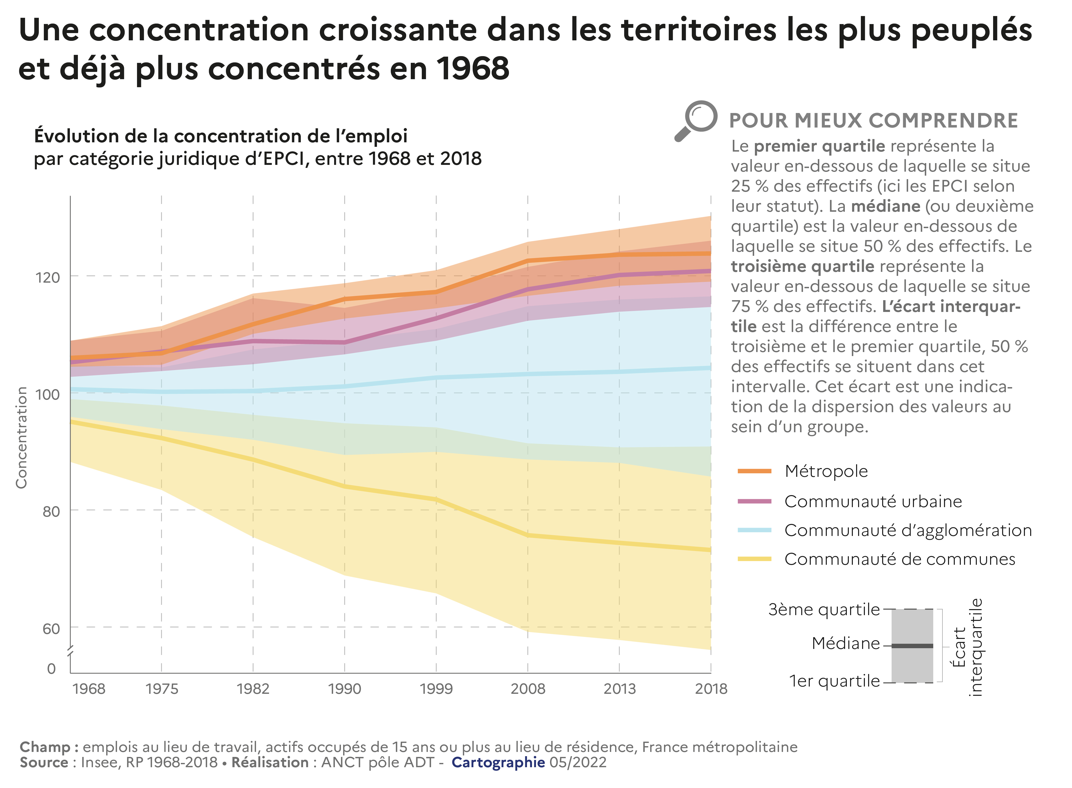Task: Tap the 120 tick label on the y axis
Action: tap(48, 277)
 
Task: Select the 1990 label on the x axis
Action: tap(344, 688)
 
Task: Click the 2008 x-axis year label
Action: tap(527, 688)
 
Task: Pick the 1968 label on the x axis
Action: tap(89, 688)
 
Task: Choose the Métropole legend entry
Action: tap(826, 471)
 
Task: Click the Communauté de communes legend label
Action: tap(899, 559)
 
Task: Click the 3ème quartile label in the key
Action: tap(824, 610)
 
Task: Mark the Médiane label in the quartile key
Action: tap(846, 643)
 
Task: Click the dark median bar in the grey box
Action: tap(912, 646)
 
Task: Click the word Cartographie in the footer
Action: tap(498, 762)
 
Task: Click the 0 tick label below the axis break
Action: tap(52, 668)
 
